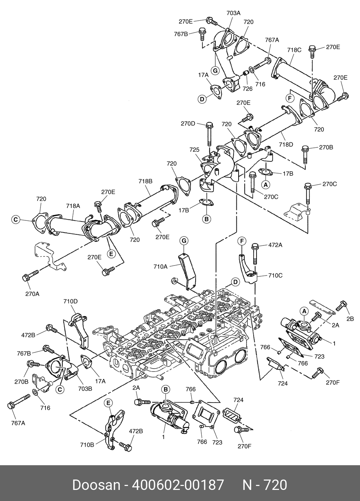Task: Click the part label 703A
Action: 233,13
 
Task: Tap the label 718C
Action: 294,50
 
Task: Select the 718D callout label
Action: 286,145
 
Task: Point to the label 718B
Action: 145,181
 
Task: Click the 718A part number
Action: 73,206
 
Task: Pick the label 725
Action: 194,150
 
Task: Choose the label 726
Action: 248,89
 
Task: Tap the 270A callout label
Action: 32,294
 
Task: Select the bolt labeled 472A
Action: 255,254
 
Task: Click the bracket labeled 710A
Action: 187,272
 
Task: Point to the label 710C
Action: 275,275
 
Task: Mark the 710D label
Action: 70,301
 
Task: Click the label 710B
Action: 87,449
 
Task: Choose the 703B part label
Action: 85,389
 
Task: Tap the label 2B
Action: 350,319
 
